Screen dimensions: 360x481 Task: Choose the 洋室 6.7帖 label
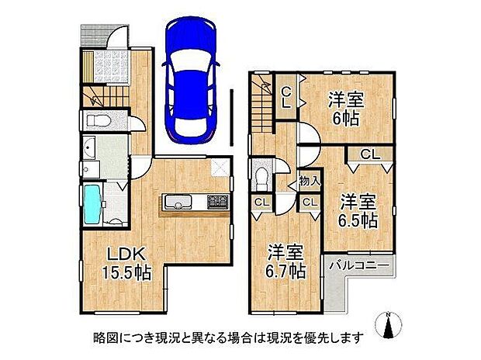pyautogui.click(x=285, y=261)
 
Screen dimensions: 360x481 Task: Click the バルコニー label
pyautogui.click(x=360, y=266)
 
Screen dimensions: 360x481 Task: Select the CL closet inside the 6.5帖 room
pyautogui.click(x=369, y=154)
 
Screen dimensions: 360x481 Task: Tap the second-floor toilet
pyautogui.click(x=262, y=176)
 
